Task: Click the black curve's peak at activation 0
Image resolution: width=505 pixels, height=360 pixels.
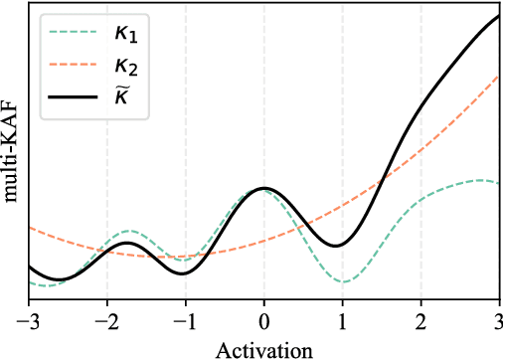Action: (263, 188)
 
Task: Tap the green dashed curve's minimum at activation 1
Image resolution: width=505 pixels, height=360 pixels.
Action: (343, 281)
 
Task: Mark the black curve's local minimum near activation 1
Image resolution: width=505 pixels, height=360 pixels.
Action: (338, 245)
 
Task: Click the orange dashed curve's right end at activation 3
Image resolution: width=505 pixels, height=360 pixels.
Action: (498, 75)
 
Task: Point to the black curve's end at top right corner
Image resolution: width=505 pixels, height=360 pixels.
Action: (498, 16)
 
